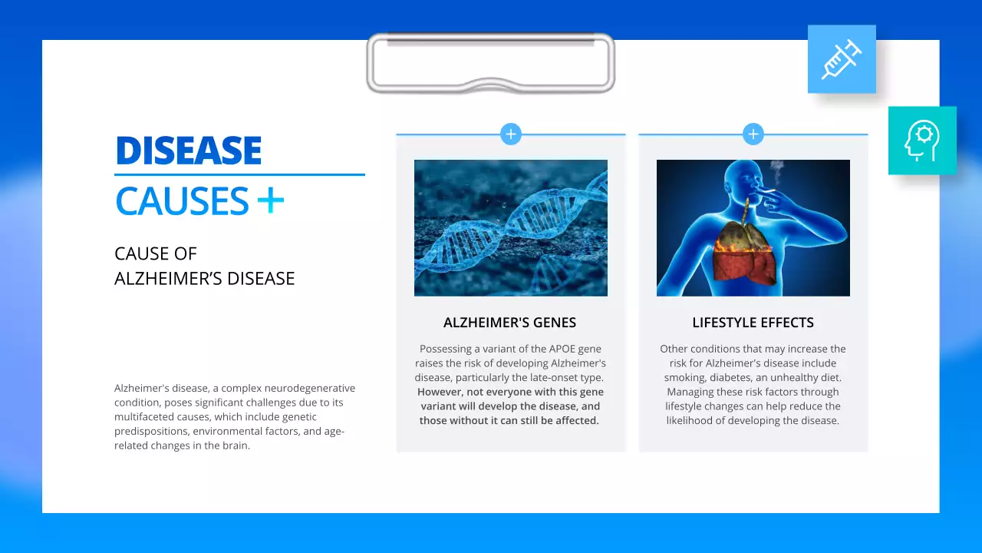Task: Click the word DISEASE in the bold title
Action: coord(189,151)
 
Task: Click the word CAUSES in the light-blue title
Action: coord(183,201)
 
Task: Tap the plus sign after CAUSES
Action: coord(270,201)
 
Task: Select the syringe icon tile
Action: coord(842,59)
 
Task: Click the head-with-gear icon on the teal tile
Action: coord(922,141)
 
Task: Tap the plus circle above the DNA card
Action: coord(511,134)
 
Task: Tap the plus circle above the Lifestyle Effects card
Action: coord(753,134)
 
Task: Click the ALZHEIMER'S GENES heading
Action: coord(510,323)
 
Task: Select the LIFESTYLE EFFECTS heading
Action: coord(753,323)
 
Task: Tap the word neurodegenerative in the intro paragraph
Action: coord(311,388)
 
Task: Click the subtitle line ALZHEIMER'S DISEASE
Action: coord(205,279)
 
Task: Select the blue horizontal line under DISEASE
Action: coord(239,174)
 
